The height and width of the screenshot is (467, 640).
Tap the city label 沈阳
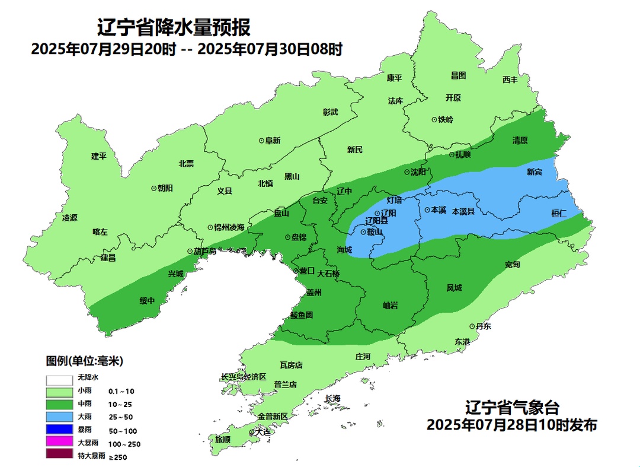tap(418, 172)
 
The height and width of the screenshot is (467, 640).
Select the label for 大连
tap(261, 432)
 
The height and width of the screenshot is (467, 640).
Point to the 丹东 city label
tap(483, 326)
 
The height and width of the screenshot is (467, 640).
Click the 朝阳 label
tap(165, 188)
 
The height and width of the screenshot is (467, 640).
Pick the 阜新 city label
tap(272, 141)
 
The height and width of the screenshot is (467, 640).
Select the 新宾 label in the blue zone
tap(535, 172)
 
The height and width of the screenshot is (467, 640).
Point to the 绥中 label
tap(147, 301)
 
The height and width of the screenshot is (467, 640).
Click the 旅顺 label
tap(223, 440)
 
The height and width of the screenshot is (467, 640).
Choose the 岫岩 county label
tap(391, 305)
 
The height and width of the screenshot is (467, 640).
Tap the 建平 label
tap(98, 156)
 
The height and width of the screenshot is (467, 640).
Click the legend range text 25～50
tap(121, 417)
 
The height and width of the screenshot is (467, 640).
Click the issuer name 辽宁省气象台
tap(512, 408)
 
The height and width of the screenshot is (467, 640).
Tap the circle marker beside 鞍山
tap(363, 232)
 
